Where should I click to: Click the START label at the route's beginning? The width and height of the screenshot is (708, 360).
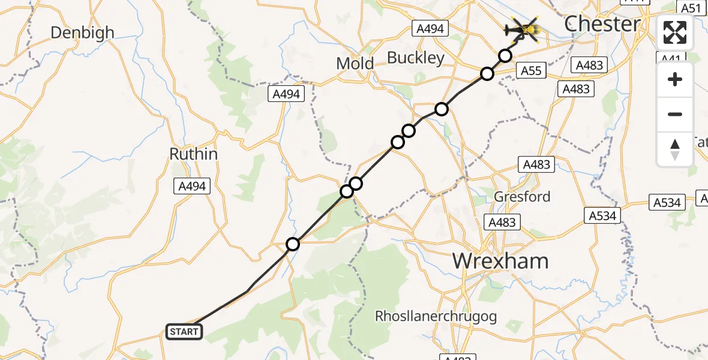click(184, 332)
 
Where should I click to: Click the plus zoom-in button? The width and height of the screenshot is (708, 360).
click(675, 80)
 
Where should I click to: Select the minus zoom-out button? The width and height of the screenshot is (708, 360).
click(675, 114)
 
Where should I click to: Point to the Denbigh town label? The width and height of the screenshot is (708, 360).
click(82, 32)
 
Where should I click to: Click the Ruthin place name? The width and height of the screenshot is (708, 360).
click(193, 154)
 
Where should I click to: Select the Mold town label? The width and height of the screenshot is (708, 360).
click(355, 63)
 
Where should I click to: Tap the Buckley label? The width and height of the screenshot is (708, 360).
click(416, 58)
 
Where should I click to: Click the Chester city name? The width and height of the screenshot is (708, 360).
click(602, 24)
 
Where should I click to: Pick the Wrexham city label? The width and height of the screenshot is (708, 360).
click(500, 261)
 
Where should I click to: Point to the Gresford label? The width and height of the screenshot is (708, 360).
click(521, 196)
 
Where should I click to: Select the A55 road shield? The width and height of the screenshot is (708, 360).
click(530, 71)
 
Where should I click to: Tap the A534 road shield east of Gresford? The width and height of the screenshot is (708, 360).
click(602, 215)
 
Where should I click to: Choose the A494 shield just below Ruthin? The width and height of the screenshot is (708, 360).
click(192, 187)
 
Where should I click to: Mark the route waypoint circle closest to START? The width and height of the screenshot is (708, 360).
click(292, 244)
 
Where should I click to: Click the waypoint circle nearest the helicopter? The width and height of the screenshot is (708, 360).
click(505, 56)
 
